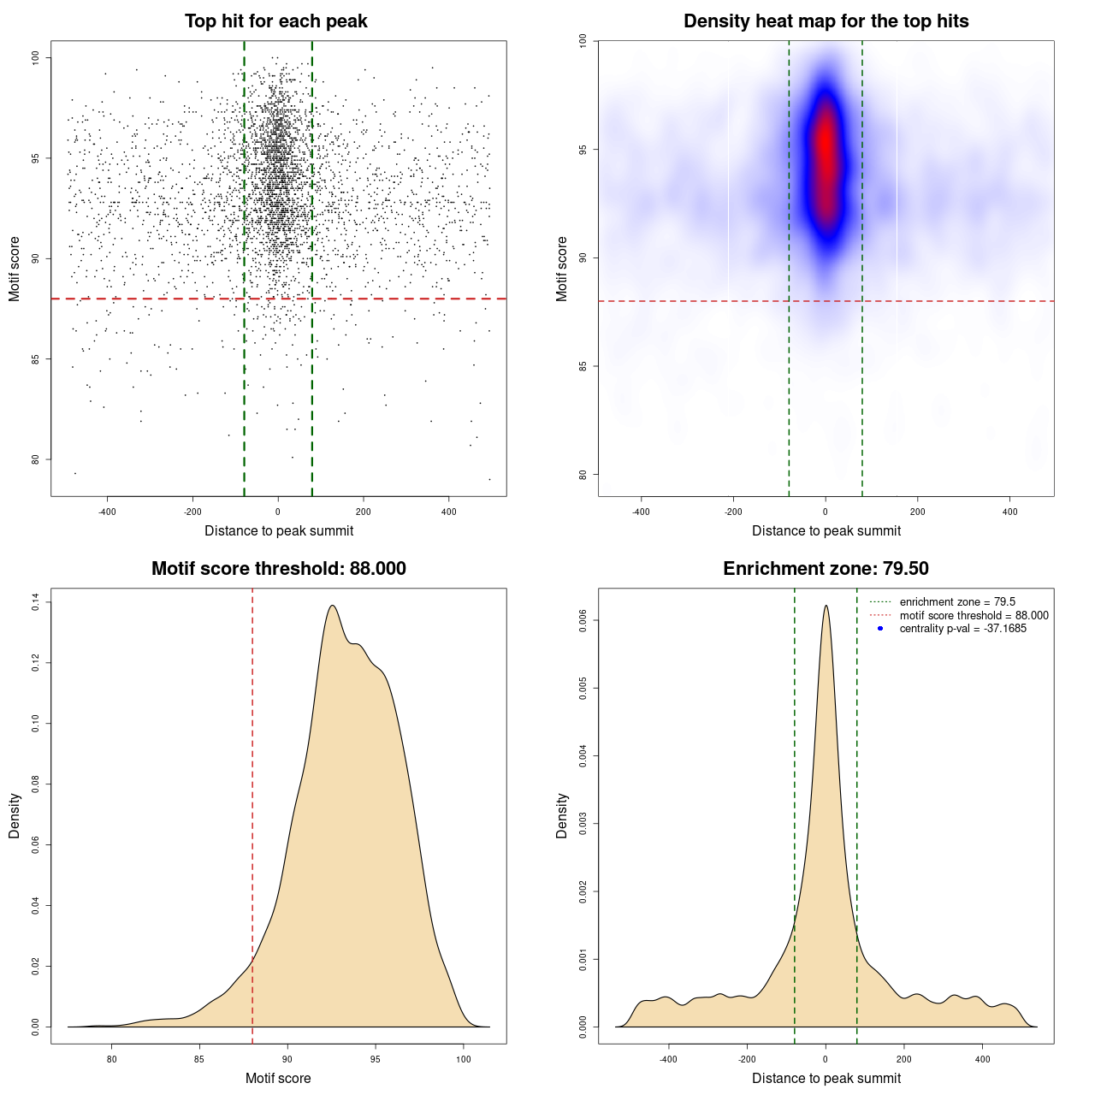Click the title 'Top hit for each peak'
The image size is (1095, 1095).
coord(276,21)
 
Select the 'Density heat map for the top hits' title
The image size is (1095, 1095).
coord(826,21)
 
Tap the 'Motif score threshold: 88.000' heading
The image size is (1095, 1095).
coord(278,569)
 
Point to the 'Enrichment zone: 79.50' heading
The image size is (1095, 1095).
coord(826,569)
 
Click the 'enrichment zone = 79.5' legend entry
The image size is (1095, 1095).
coord(957,602)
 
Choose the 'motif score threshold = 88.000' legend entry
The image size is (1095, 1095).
coord(974,616)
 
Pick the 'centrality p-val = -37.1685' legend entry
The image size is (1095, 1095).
coord(962,629)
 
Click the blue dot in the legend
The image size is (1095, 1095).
coord(880,629)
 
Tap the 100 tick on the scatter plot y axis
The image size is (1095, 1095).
coord(35,57)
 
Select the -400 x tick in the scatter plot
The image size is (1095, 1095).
coord(107,512)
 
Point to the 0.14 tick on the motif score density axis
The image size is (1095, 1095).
coord(35,602)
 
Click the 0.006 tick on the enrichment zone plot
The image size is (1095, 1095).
coord(583,620)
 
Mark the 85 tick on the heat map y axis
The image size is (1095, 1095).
coord(583,366)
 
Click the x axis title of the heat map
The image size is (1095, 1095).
coord(826,531)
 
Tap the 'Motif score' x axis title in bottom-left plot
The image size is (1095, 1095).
coord(278,1079)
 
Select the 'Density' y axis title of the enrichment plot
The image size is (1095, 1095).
coord(562,815)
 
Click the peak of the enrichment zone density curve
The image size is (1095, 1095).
coord(826,606)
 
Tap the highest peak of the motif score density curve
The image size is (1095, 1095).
coord(333,606)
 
